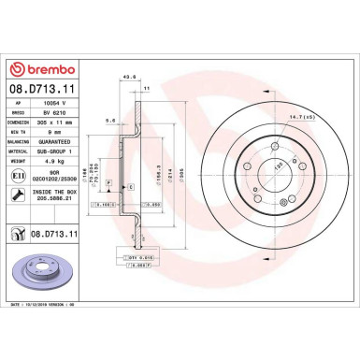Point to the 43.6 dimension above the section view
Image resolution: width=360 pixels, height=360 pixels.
(132, 78)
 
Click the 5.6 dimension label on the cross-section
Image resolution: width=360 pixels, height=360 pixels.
(111, 121)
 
